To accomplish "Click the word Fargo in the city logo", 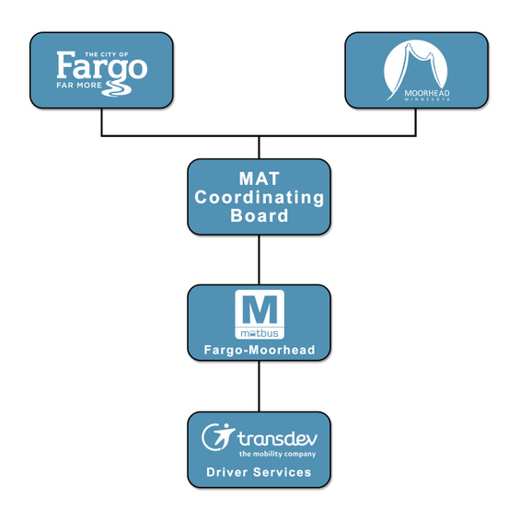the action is coord(102,68).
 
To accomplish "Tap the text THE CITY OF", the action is coord(107,54).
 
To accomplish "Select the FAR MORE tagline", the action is coord(79,86).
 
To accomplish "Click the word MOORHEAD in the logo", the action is coord(427,93).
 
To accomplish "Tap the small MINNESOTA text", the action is coord(427,99).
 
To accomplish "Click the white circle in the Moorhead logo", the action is coord(415,68).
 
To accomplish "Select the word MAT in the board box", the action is coord(260,179).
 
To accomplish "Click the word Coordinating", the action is coord(260,198).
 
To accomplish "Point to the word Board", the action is coord(260,215).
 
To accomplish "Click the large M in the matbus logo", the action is coord(260,310).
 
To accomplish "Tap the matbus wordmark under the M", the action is coord(260,333).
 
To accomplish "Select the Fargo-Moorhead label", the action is coord(260,350).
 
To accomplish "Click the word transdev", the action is coord(277,438).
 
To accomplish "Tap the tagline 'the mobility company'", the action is coord(278,454).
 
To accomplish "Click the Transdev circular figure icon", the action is coord(217,437).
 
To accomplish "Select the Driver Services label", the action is coord(259,472).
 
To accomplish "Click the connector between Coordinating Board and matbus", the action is coord(259,260).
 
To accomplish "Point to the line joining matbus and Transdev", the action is coord(259,387).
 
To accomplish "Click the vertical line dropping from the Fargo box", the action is coord(101,121).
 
